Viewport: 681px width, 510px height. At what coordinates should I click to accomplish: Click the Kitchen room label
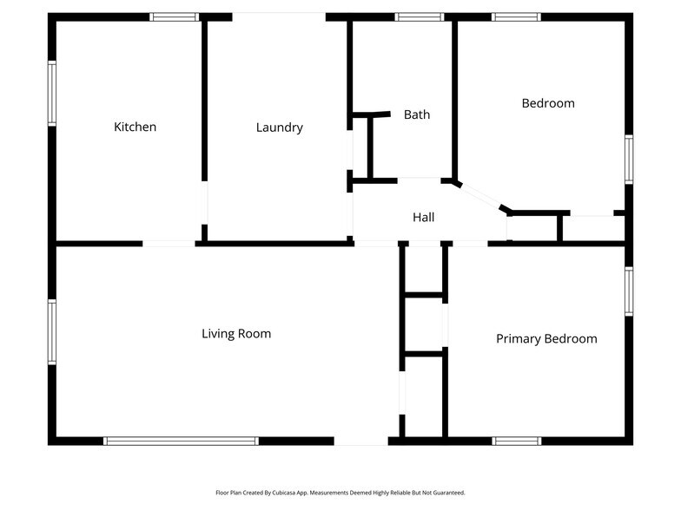click(x=136, y=127)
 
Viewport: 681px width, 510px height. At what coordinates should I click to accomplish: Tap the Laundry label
click(x=280, y=127)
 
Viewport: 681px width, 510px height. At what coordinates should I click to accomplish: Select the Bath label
click(x=417, y=114)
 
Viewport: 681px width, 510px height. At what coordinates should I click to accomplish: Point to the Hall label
click(x=424, y=218)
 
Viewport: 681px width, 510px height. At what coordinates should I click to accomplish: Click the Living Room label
click(x=236, y=333)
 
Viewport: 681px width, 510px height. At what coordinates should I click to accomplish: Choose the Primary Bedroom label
click(x=546, y=338)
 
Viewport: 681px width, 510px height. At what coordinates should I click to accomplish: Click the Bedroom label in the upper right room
click(x=548, y=103)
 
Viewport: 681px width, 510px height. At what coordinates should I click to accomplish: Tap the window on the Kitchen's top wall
click(x=175, y=16)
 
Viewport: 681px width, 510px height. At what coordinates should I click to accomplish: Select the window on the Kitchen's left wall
click(x=52, y=93)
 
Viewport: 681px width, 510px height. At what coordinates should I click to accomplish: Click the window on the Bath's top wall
click(x=420, y=16)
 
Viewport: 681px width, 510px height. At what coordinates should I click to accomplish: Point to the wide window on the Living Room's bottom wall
click(x=181, y=441)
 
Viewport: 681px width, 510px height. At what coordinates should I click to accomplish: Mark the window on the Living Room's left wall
click(x=52, y=331)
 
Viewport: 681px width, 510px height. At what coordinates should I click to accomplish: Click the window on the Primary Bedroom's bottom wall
click(x=517, y=441)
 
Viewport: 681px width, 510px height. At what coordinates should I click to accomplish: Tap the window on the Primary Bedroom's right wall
click(x=629, y=291)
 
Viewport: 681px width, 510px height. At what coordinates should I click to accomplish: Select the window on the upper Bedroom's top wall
click(x=516, y=16)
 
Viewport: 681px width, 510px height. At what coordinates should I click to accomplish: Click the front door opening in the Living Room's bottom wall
click(x=360, y=441)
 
